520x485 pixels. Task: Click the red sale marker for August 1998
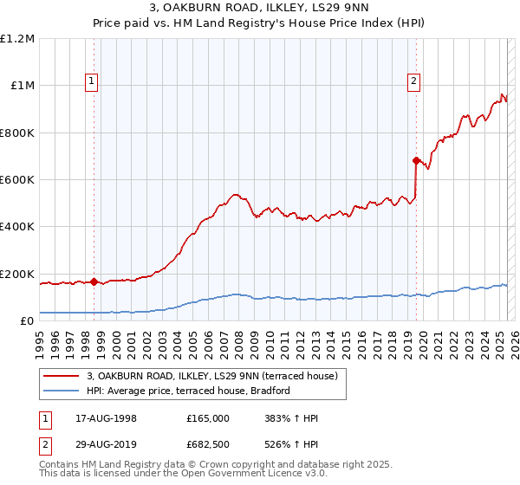(94, 281)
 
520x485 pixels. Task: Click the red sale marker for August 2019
(416, 160)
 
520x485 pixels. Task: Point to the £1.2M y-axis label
(17, 39)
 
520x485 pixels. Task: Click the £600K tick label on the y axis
(17, 180)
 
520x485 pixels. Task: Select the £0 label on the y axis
(26, 321)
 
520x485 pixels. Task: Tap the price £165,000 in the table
(208, 418)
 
